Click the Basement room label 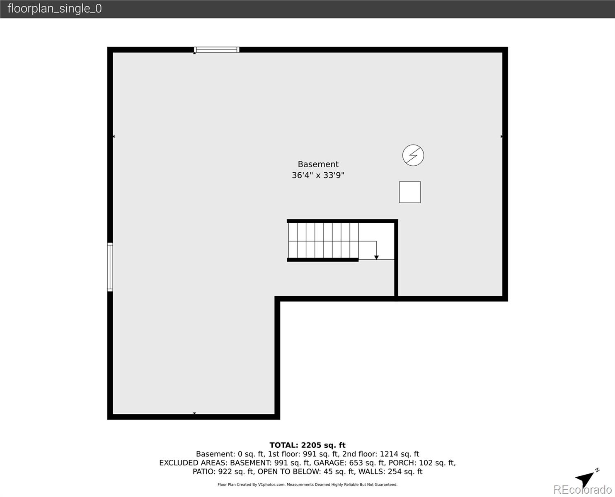(318, 164)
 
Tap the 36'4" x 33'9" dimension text (318, 175)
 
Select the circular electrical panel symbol (413, 155)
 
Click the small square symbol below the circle (410, 192)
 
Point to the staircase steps (323, 240)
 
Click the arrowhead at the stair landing (376, 258)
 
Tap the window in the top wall (217, 50)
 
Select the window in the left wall (110, 267)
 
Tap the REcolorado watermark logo (582, 490)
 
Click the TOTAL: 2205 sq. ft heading (307, 445)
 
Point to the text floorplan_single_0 (54, 9)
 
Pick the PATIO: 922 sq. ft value (223, 471)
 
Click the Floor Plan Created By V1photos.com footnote (307, 485)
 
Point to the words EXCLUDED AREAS (193, 463)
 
